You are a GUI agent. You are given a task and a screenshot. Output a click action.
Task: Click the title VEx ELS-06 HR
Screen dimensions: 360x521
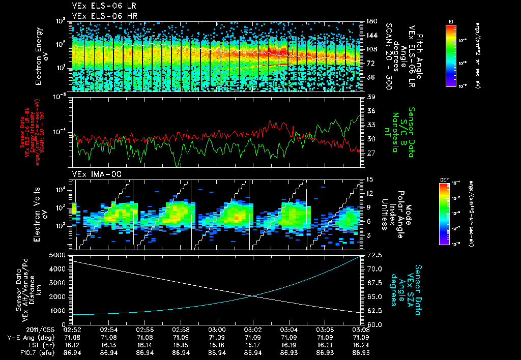pyautogui.click(x=98, y=16)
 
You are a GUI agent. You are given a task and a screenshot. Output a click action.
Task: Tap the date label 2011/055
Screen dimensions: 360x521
pyautogui.click(x=21, y=329)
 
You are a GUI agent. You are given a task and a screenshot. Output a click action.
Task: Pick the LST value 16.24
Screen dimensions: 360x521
pyautogui.click(x=361, y=344)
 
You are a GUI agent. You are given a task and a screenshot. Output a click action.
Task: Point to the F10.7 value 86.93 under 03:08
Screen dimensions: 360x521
pyautogui.click(x=361, y=352)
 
